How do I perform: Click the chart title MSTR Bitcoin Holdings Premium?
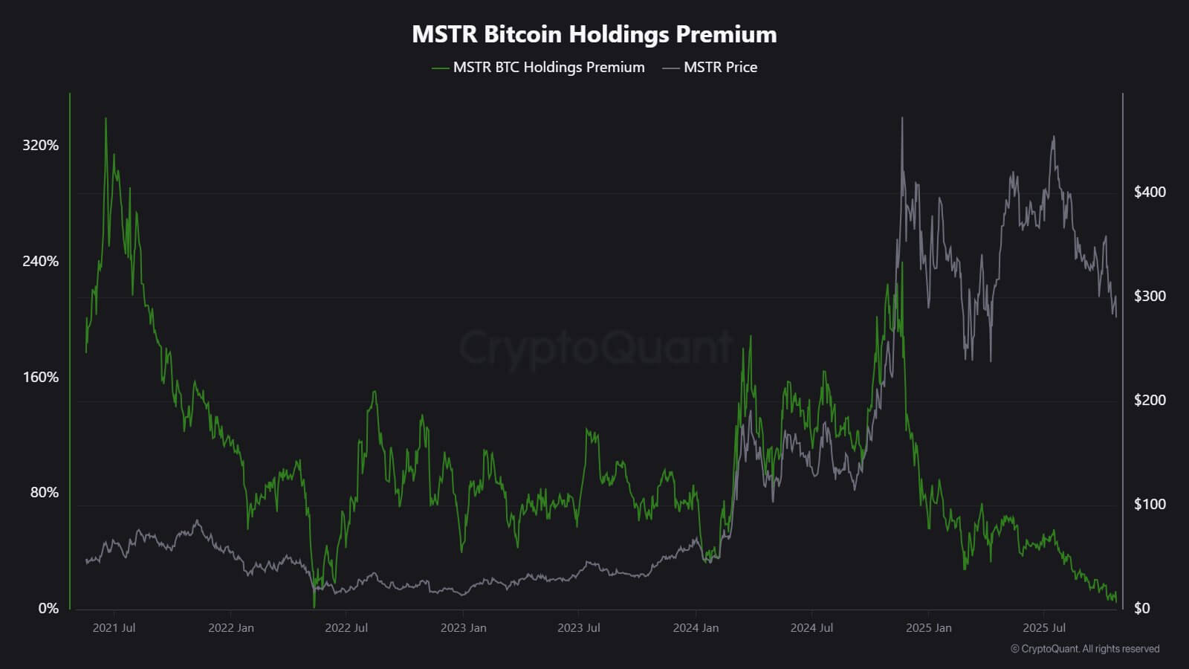pos(594,34)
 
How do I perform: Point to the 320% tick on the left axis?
pos(40,145)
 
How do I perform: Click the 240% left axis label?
pos(40,261)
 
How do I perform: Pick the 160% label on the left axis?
pos(40,377)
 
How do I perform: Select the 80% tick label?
pos(44,492)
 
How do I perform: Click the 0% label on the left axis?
pos(48,608)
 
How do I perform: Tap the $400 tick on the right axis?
pos(1150,192)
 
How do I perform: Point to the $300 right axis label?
pos(1150,296)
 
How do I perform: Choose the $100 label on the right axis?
pos(1150,504)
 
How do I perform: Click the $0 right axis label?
pos(1141,608)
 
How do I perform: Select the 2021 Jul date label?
pos(114,627)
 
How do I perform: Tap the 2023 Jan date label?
pos(463,627)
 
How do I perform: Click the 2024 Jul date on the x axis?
pos(811,627)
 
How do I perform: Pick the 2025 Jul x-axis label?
pos(1044,627)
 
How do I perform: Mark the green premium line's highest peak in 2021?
pos(106,119)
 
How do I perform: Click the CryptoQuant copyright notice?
pos(1085,649)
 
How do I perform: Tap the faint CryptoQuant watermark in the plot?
pos(594,347)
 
